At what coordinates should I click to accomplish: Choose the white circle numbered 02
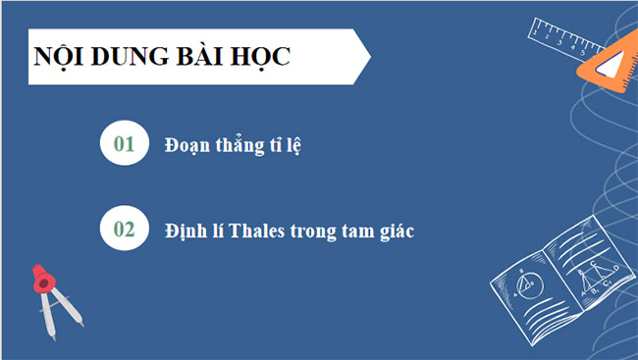[x=125, y=230]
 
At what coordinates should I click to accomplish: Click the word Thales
[x=258, y=231]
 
